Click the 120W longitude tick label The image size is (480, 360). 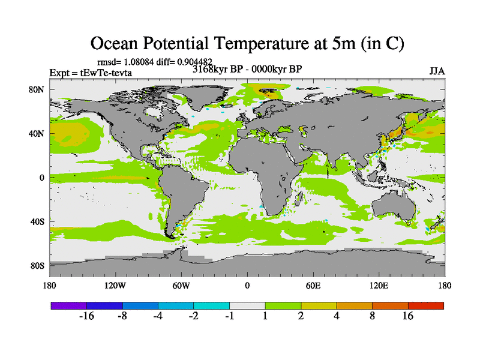tap(115, 285)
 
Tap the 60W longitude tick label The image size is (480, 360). tap(181, 285)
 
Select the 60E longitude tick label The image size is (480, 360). tap(313, 285)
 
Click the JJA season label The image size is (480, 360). tap(437, 71)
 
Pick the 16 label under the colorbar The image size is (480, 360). tap(408, 317)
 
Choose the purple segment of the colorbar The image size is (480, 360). tap(69, 305)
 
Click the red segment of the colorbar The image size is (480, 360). tap(426, 305)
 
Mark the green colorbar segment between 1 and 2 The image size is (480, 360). tap(283, 305)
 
